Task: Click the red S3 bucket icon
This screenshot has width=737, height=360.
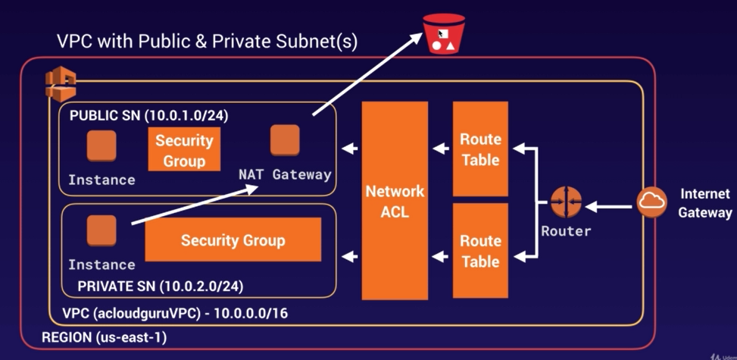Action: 444,34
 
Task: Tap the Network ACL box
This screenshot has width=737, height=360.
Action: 395,201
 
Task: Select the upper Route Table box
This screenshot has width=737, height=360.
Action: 480,149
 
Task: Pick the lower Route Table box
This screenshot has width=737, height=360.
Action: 480,250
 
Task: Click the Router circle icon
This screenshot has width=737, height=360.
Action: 566,202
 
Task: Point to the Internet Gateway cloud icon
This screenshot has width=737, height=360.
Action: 652,202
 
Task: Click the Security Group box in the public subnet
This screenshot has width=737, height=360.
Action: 184,149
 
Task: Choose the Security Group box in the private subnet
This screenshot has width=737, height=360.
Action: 233,239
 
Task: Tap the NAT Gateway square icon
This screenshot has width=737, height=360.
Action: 285,139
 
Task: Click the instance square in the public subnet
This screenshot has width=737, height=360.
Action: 101,146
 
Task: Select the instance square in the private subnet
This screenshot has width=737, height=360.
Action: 101,230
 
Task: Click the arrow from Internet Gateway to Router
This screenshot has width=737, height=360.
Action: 608,206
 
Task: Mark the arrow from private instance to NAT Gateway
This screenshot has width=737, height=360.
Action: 195,205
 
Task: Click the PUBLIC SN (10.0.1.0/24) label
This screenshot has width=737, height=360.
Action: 149,116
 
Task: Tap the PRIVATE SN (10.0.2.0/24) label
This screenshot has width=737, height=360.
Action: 161,286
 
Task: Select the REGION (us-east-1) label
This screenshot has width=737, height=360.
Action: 105,337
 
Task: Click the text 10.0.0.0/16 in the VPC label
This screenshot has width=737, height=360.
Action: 251,314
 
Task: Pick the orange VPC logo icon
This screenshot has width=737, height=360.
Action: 60,84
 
